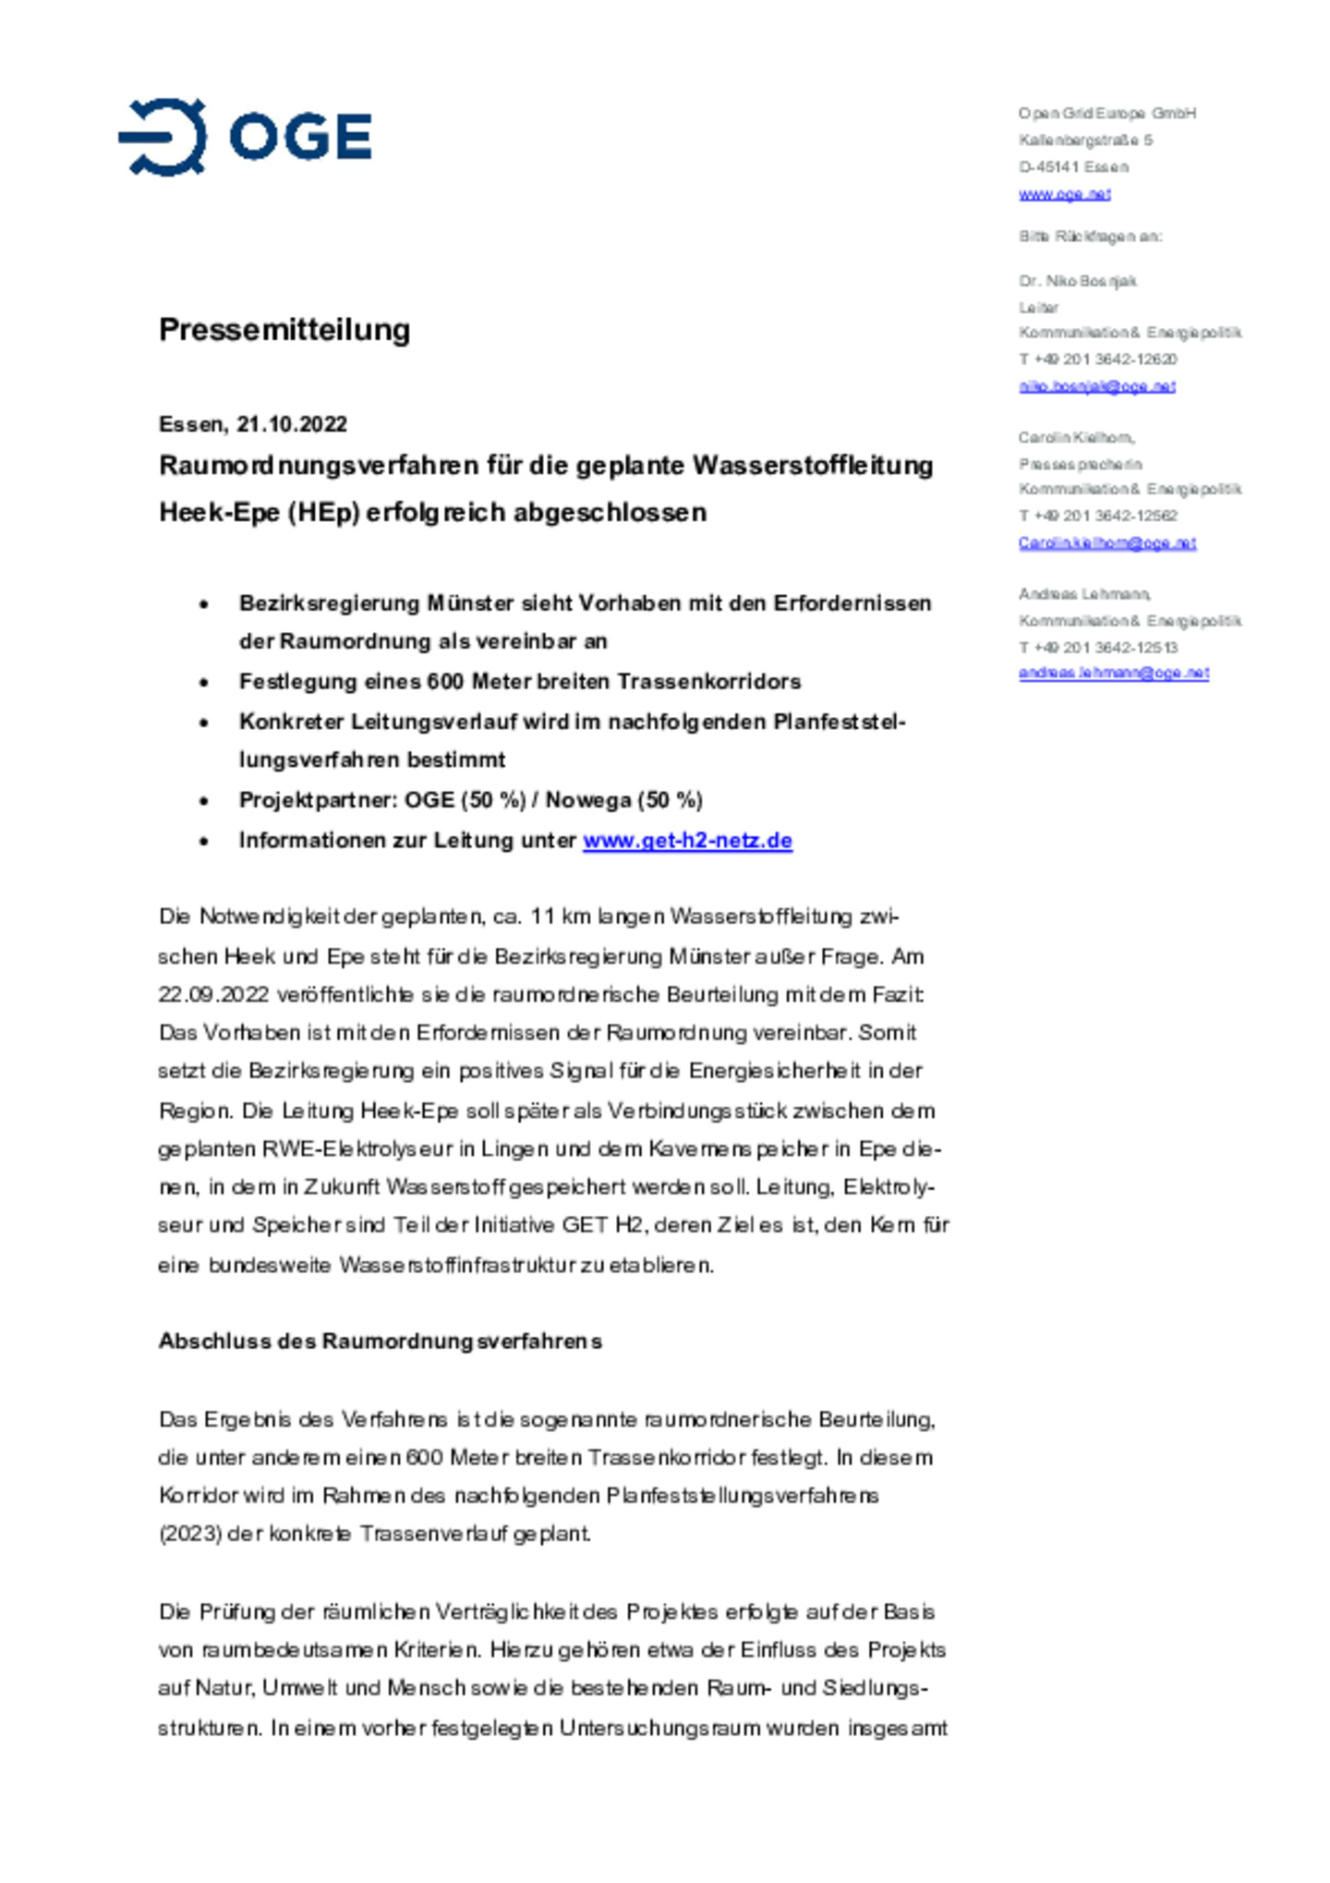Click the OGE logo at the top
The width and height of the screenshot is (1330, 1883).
coord(245,137)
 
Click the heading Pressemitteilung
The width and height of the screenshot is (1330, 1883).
coord(284,330)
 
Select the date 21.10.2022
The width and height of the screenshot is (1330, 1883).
coord(292,424)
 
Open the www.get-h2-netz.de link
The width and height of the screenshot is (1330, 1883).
coord(687,841)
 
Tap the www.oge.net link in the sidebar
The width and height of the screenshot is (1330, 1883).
coord(1064,194)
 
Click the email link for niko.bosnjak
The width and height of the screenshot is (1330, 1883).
coord(1096,386)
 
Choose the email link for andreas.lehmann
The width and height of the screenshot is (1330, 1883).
coord(1113,674)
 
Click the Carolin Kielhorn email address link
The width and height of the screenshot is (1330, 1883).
coord(1106,543)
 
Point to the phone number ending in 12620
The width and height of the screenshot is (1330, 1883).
coord(1097,359)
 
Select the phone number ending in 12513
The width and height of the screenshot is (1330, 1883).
coord(1097,648)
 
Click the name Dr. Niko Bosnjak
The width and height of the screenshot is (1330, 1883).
coord(1077,281)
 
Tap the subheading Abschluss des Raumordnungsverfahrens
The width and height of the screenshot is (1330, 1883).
coord(380,1342)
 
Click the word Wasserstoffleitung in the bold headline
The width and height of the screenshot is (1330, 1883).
coord(812,466)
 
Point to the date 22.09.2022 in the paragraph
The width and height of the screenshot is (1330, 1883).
coord(213,995)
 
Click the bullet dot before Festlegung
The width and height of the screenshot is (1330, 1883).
coord(204,683)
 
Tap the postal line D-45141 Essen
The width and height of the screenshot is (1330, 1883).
coord(1073,167)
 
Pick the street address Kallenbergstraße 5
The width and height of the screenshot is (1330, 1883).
coord(1085,140)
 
